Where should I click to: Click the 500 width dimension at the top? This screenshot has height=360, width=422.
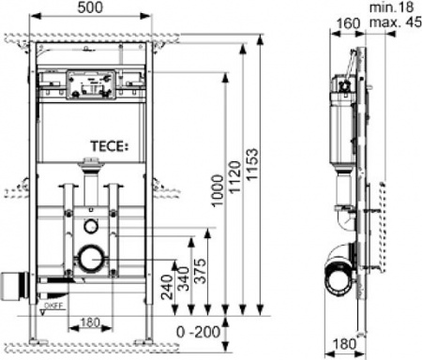tap(90, 8)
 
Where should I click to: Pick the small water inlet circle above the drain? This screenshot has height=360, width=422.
tap(90, 225)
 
